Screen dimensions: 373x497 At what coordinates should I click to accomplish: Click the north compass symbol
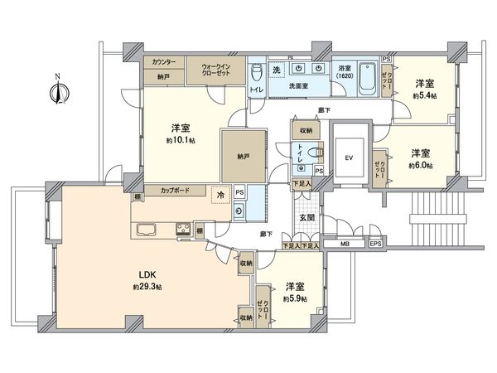point(56,92)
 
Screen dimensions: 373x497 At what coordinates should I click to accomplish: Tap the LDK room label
point(145,274)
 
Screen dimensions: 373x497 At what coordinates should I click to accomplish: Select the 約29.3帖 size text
point(145,287)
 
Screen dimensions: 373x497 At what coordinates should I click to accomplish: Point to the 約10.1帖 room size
point(181,140)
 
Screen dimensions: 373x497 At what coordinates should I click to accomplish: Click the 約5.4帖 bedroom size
point(426,95)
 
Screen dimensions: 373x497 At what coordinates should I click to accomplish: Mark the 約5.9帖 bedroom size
point(296,298)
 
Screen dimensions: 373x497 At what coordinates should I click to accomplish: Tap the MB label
point(345,245)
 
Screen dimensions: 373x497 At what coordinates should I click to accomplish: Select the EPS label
point(375,245)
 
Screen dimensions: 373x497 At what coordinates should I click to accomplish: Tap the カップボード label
point(175,191)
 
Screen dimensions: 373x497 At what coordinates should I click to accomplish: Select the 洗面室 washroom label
point(299,85)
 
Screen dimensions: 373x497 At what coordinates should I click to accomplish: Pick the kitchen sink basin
point(146,230)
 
